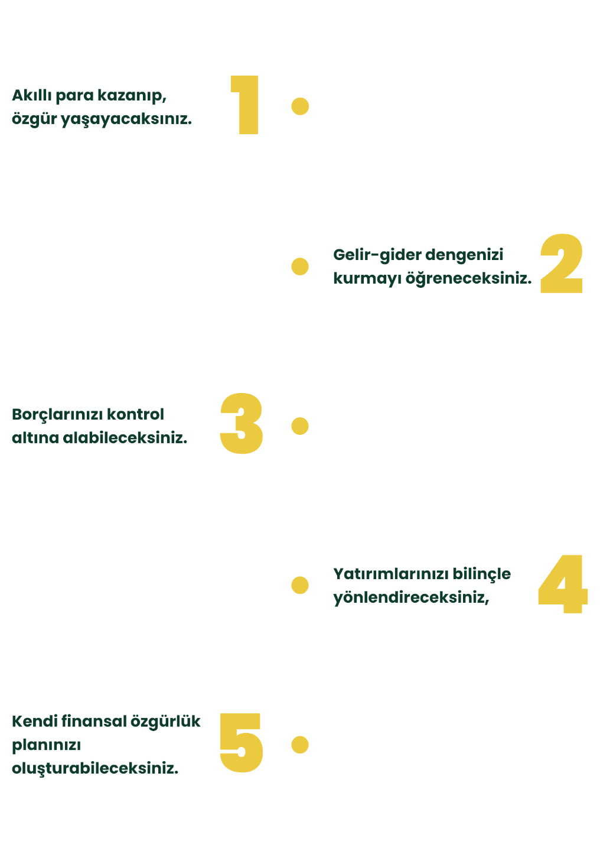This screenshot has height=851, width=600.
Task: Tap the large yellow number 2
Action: pos(562,264)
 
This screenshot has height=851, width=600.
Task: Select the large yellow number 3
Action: pos(242,424)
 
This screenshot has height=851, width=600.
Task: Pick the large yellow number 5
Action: pos(241,743)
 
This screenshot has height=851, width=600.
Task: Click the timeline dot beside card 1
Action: pos(300,106)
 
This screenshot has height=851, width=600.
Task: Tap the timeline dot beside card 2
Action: pos(300,267)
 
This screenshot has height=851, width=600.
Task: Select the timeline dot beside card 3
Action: pos(300,425)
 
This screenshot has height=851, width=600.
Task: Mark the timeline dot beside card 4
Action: pos(300,585)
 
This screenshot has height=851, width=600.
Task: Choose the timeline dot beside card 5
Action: pos(300,745)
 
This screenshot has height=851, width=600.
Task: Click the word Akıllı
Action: pos(32,95)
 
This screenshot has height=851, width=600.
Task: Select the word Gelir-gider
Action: pos(377,255)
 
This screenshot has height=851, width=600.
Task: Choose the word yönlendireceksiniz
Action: pos(411,597)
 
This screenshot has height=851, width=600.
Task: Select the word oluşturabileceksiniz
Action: pos(95,769)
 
